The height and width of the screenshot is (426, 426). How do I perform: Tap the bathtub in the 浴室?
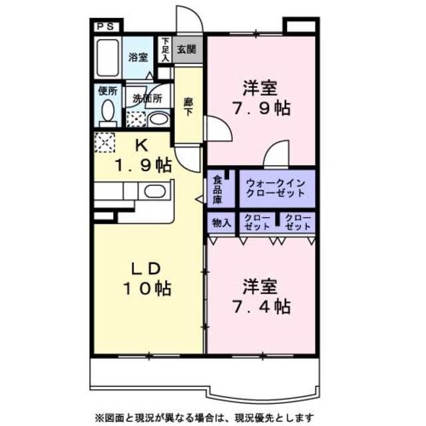[107, 58]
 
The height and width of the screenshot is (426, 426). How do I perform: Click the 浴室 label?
[138, 57]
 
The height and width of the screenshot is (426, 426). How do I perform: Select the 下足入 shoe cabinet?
[165, 50]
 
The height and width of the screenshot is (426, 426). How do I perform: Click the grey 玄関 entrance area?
[186, 49]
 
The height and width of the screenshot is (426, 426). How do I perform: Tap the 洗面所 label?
[146, 98]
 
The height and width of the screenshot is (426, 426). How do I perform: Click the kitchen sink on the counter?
[155, 192]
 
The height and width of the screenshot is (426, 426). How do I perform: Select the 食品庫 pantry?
[218, 188]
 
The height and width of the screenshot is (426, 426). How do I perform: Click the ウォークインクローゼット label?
[275, 188]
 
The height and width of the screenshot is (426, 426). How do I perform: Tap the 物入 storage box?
[221, 224]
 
